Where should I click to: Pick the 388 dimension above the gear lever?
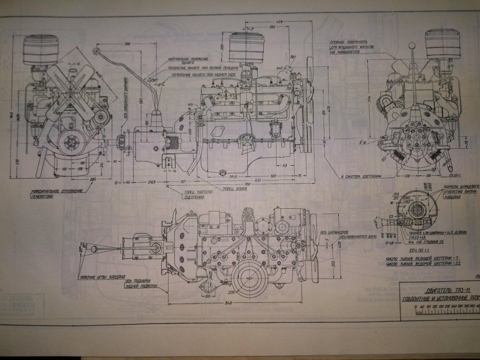(x=127, y=44)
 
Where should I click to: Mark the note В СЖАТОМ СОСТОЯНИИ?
(x=360, y=177)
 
